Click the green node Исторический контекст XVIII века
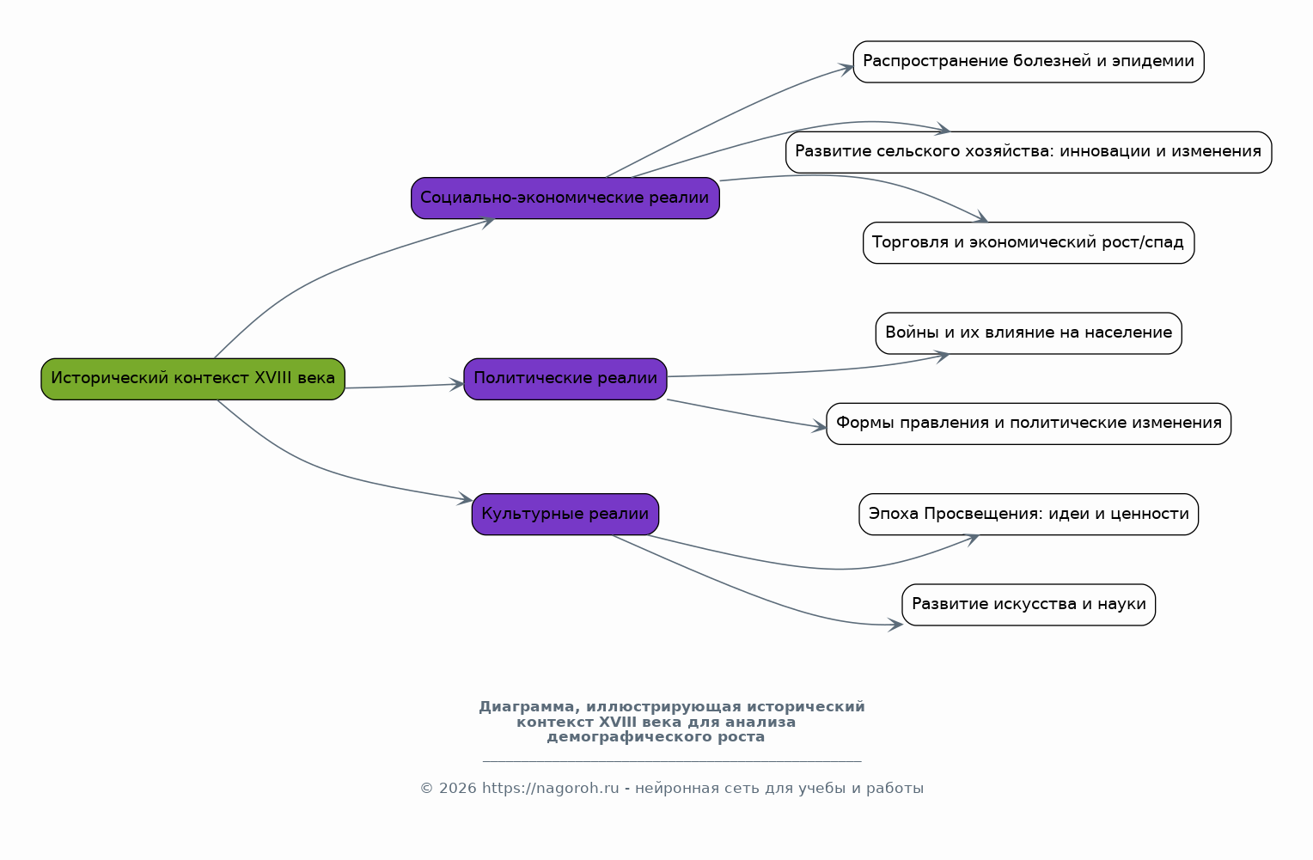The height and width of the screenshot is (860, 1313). tap(192, 379)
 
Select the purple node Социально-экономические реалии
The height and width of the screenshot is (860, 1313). tap(565, 198)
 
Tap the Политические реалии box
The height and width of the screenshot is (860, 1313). tap(565, 379)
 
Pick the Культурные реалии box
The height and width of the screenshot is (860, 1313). tap(565, 514)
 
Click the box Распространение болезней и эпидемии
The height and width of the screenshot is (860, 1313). tap(1029, 62)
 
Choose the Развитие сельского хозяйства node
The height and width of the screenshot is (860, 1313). tap(1029, 152)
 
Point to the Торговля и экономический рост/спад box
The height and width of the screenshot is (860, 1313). tap(1029, 242)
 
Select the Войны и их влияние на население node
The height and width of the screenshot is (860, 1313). tap(1029, 333)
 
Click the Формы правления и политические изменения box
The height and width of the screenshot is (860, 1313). tap(1029, 424)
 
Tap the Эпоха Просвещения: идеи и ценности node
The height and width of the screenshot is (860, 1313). tap(1029, 514)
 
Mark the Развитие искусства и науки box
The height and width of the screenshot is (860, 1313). tap(1029, 604)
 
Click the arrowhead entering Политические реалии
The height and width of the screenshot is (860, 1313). tap(457, 385)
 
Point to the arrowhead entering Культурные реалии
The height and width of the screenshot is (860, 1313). tap(466, 499)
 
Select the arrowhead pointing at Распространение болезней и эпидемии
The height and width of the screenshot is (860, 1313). tap(846, 69)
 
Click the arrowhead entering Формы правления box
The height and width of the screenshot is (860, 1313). tap(820, 427)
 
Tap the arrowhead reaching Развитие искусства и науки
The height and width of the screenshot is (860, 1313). tap(895, 625)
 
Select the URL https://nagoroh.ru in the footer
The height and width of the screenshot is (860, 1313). tap(551, 789)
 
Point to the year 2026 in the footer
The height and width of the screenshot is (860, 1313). tap(458, 789)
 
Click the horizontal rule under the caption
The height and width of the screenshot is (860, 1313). tap(672, 761)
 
